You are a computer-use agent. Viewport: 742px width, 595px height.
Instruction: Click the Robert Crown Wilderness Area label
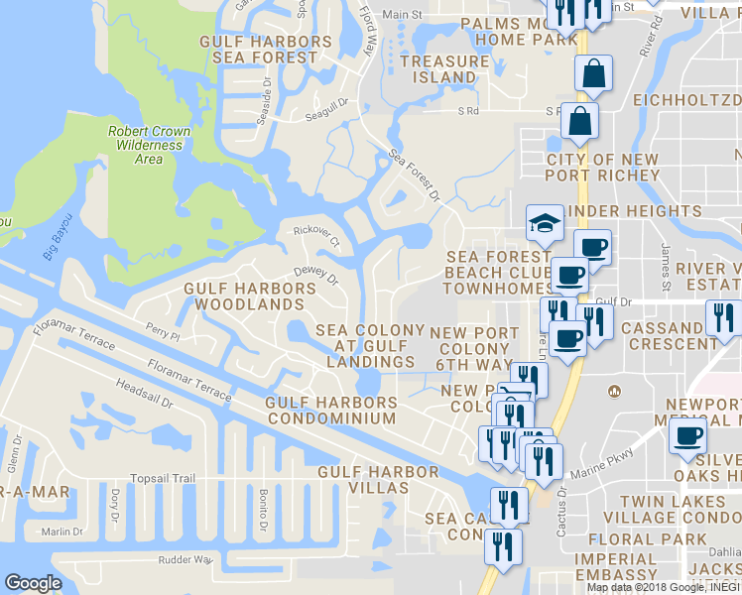tap(149, 145)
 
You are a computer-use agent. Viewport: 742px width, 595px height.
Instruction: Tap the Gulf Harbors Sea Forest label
tap(266, 50)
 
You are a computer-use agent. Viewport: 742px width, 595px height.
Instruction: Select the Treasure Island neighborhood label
tap(445, 68)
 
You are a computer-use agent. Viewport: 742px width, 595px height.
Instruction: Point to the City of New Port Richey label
tap(603, 168)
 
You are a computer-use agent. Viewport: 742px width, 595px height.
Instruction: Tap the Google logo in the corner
tap(33, 583)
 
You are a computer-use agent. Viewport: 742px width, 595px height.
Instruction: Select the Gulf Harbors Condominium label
tap(331, 411)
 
